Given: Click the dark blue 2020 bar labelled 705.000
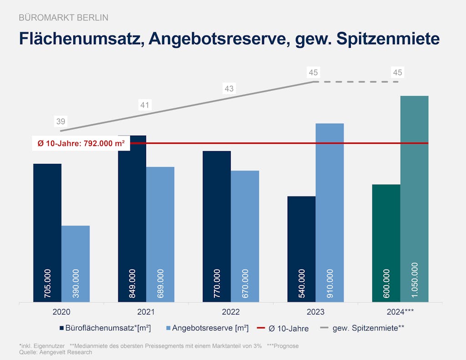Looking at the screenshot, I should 47,232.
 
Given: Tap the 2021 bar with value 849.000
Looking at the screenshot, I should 132,218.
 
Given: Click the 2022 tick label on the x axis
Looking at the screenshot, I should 231,312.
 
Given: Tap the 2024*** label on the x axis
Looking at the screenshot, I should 400,312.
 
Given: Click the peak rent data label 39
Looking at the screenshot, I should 61,122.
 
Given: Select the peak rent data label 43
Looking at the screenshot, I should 229,89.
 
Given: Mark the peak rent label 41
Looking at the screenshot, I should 145,105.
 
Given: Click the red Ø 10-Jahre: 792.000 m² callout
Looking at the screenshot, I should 81,143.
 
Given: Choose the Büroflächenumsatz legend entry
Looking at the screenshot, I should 105,328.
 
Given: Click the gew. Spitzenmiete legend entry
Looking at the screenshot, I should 363,328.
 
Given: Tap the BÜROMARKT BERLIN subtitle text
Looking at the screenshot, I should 64,18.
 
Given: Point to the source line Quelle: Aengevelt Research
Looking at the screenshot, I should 56,352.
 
